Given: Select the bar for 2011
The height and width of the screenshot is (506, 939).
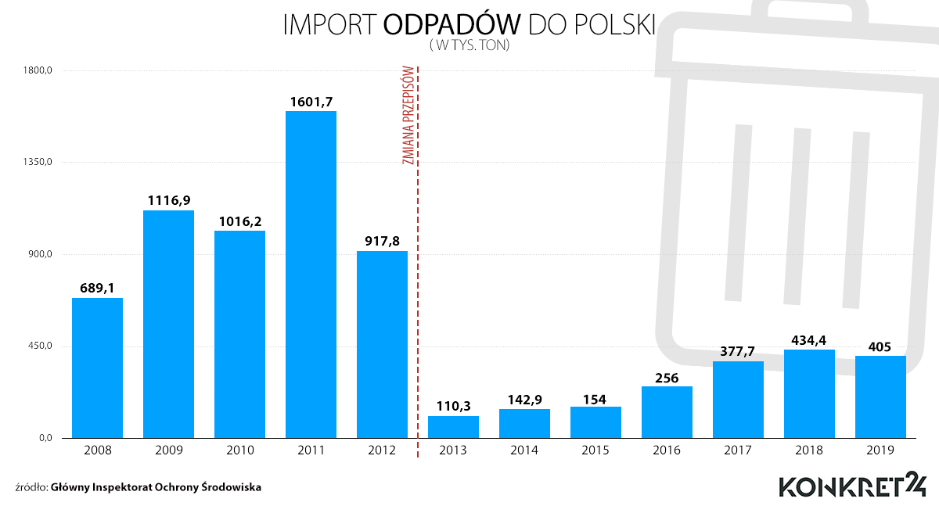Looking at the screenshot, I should [x=311, y=274].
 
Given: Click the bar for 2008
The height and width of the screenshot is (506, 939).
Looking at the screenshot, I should [x=97, y=368].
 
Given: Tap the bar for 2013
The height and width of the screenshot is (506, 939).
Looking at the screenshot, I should [x=453, y=427].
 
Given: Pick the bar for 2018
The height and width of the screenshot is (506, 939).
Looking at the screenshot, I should [x=809, y=393].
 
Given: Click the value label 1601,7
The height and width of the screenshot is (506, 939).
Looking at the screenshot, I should [x=311, y=101].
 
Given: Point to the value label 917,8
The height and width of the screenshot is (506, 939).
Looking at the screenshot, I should [x=382, y=241].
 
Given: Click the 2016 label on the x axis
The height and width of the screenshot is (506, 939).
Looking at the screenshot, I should [x=667, y=450].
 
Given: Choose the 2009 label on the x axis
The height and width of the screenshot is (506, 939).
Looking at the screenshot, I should [x=168, y=450].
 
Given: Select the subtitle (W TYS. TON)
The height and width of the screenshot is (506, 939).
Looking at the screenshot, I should [x=469, y=46].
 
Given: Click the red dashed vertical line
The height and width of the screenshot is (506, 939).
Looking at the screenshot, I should [x=418, y=313].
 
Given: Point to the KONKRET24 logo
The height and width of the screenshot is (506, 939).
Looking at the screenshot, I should [x=852, y=484].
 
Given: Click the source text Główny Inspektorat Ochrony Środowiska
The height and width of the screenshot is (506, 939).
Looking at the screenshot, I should [x=156, y=487].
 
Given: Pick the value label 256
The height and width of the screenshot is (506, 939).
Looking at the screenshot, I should [x=667, y=376].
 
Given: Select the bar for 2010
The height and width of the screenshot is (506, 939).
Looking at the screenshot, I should [x=239, y=334].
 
